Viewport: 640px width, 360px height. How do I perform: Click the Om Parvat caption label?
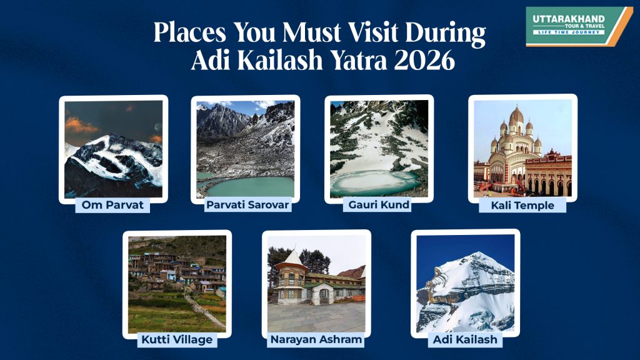click(112, 204)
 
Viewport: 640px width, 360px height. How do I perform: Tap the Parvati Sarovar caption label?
click(248, 204)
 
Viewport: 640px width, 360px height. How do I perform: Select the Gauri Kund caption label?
click(376, 204)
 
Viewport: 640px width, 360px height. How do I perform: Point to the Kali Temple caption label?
click(522, 204)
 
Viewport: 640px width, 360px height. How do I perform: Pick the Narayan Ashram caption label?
click(316, 339)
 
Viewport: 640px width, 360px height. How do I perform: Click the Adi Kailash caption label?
click(466, 339)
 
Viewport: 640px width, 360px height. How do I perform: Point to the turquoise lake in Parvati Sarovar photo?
click(250, 185)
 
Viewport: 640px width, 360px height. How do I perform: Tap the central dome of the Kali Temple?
click(516, 119)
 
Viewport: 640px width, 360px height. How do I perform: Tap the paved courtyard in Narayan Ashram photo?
click(316, 316)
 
